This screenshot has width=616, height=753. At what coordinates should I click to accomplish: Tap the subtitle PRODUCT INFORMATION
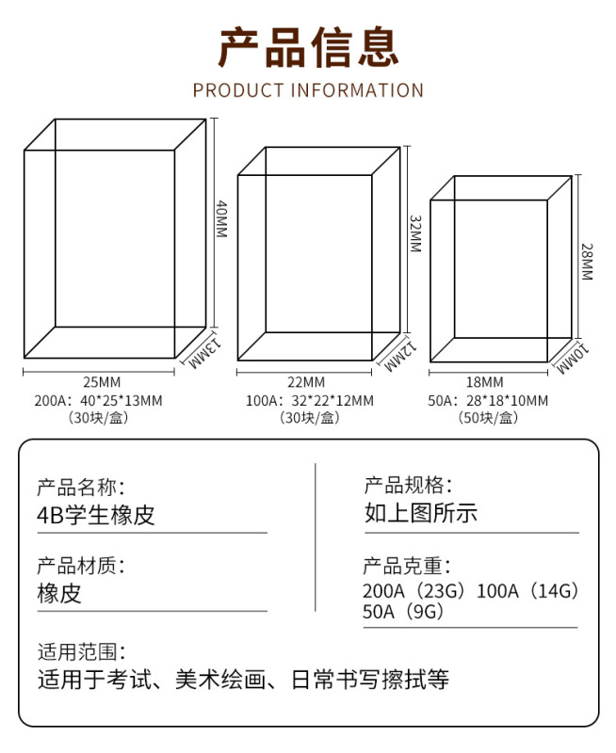pyautogui.click(x=308, y=90)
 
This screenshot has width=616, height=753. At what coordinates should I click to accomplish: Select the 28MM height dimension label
pyautogui.click(x=586, y=263)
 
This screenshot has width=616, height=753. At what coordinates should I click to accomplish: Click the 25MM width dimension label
pyautogui.click(x=102, y=382)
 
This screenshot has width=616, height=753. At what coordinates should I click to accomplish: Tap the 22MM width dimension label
pyautogui.click(x=306, y=382)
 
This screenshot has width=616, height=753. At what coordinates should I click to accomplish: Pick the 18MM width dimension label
pyautogui.click(x=485, y=382)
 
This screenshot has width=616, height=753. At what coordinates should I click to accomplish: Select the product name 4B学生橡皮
pyautogui.click(x=95, y=515)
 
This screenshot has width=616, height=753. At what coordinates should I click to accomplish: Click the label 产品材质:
pyautogui.click(x=81, y=567)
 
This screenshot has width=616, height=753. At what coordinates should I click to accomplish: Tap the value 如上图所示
pyautogui.click(x=421, y=514)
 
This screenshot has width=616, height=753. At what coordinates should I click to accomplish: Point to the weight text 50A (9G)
pyautogui.click(x=402, y=612)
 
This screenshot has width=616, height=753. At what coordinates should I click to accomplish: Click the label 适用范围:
pyautogui.click(x=81, y=651)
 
